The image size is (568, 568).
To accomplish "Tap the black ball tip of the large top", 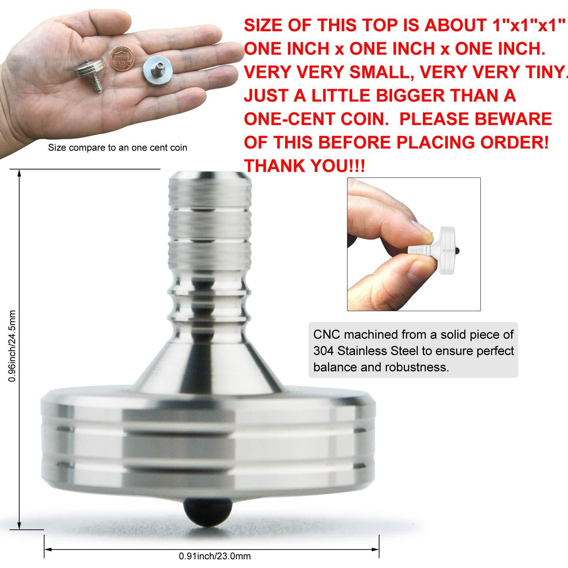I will coord(208,512).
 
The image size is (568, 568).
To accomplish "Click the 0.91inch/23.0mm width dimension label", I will coord(215,556).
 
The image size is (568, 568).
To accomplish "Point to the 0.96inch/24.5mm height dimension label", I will coord(12,346).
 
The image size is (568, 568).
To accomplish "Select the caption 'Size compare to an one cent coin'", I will coord(118,148).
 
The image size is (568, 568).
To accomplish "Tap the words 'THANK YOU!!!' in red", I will coord(304,166).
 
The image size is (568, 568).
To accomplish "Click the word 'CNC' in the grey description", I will coord(327,334).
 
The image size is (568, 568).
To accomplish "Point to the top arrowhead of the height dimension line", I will coord(19,172).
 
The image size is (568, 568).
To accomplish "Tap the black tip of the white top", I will coord(458,251).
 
